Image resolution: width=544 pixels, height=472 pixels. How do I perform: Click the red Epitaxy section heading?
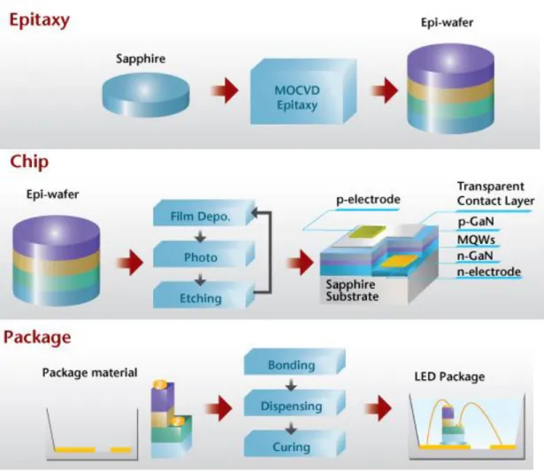(39, 20)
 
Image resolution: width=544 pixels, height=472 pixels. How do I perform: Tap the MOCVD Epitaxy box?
(303, 92)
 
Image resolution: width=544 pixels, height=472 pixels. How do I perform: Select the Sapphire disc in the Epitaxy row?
(146, 95)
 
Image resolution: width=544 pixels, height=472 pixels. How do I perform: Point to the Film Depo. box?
(204, 213)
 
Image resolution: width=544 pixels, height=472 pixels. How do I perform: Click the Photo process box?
(204, 255)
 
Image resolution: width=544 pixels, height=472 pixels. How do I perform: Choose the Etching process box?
(204, 295)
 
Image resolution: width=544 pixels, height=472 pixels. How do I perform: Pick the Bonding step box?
(295, 362)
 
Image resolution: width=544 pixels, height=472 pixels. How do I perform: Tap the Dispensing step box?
(295, 403)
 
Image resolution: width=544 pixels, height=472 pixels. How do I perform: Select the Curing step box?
(295, 444)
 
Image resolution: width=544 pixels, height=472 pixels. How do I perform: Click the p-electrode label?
(368, 200)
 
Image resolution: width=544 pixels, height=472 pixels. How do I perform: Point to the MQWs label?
(476, 240)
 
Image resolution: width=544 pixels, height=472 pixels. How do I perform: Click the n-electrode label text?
(489, 271)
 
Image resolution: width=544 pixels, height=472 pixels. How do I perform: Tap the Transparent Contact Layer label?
(495, 194)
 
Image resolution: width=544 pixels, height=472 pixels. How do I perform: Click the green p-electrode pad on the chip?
(367, 232)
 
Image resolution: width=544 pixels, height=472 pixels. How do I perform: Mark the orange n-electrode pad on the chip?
(399, 261)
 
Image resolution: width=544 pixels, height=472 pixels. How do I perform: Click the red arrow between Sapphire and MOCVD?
(225, 90)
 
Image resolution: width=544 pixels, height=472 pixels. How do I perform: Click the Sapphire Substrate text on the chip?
(352, 290)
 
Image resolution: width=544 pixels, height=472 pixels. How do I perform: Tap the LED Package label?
(449, 377)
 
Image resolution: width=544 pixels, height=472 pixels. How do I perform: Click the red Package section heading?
(37, 338)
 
